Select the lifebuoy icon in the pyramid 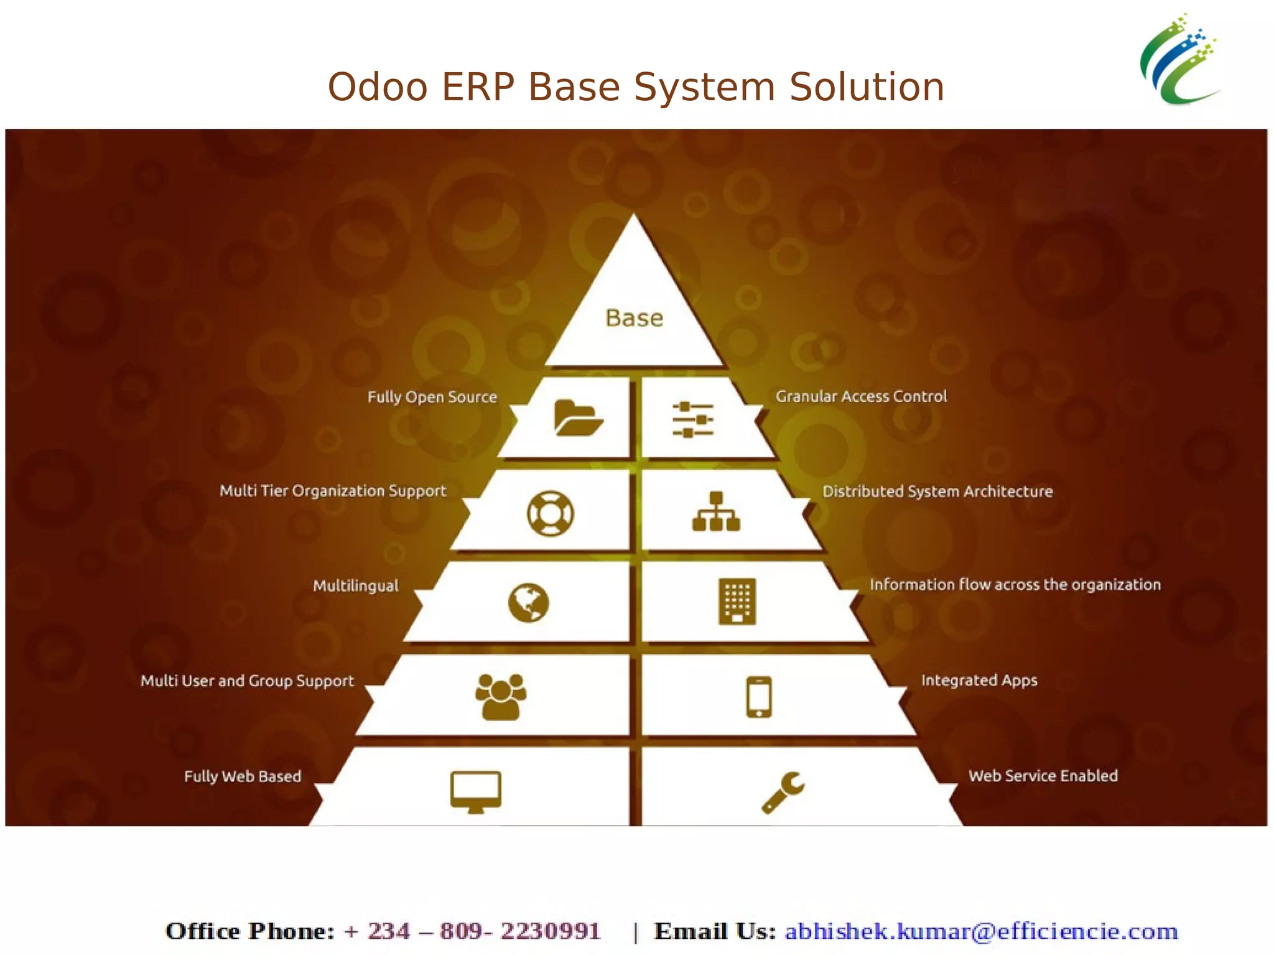pyautogui.click(x=550, y=513)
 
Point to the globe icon pyautogui.click(x=528, y=603)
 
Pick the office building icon pyautogui.click(x=737, y=601)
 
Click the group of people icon pyautogui.click(x=500, y=697)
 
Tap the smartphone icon pyautogui.click(x=759, y=697)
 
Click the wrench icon pyautogui.click(x=783, y=792)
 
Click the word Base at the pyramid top pyautogui.click(x=635, y=318)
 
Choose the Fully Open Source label pyautogui.click(x=432, y=397)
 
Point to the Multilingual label pyautogui.click(x=356, y=586)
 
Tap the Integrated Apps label pyautogui.click(x=979, y=680)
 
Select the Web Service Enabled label pyautogui.click(x=1043, y=776)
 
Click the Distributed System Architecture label pyautogui.click(x=937, y=491)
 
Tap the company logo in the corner pyautogui.click(x=1179, y=60)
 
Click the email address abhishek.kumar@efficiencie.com pyautogui.click(x=981, y=931)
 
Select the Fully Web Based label pyautogui.click(x=243, y=776)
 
